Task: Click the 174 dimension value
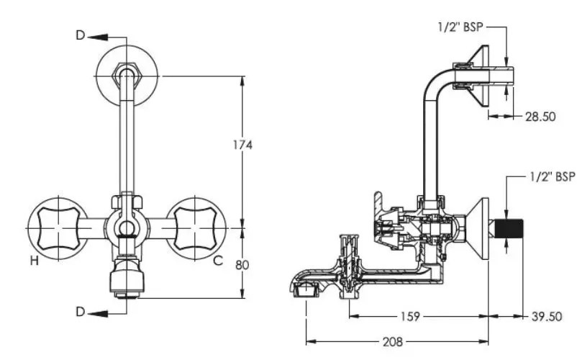coord(242,145)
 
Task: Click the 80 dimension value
coord(242,265)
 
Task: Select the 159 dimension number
coord(409,316)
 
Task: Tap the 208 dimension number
coord(393,342)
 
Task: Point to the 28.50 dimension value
coord(540,117)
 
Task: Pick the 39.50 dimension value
coord(547,316)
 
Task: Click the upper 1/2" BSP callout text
coord(460,27)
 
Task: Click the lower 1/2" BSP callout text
coord(553,176)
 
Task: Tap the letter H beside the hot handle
coord(35,261)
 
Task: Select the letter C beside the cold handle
coord(218,261)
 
